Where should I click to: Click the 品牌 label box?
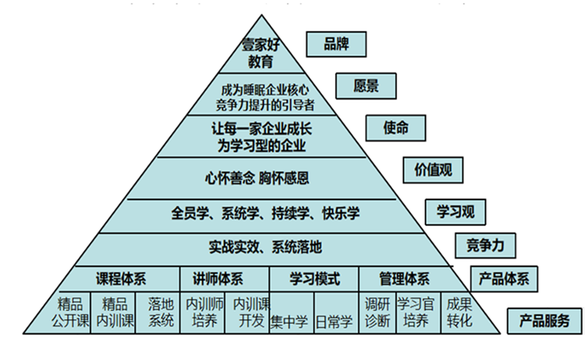(336, 44)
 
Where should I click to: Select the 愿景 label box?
(366, 86)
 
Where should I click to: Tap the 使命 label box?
(395, 128)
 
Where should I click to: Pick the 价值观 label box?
(433, 170)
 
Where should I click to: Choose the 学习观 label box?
(455, 211)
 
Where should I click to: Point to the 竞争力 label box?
(485, 246)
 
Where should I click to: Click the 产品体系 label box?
(504, 279)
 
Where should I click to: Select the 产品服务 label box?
(544, 321)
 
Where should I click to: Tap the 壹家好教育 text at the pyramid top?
(261, 54)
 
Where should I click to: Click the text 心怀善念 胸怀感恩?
(257, 178)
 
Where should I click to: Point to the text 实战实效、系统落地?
(265, 247)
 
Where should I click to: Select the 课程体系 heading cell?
(121, 279)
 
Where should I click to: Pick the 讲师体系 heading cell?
(224, 279)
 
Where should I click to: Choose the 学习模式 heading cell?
(314, 279)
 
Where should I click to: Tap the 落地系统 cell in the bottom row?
(157, 312)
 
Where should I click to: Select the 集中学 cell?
(291, 312)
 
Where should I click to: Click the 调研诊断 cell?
(377, 312)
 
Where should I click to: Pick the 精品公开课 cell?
(69, 312)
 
